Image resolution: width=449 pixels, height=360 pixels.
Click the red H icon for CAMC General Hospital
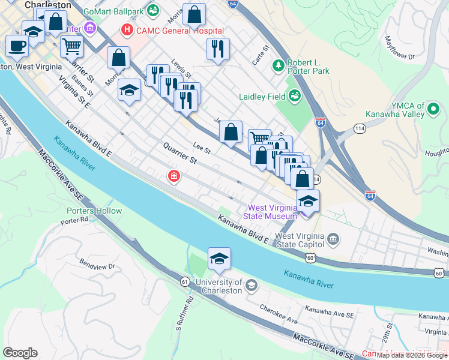coord(127,29)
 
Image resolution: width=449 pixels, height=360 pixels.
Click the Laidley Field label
coord(261,95)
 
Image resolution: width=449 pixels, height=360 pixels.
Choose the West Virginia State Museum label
coord(270,212)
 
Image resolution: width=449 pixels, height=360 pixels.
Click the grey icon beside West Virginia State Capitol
coord(334,240)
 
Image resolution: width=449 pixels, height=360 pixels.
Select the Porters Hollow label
coord(94,211)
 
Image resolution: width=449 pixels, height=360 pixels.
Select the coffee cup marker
coord(17,45)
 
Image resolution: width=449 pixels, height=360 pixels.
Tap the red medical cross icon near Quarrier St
coord(173,176)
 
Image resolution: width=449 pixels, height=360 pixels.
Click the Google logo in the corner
coord(20,352)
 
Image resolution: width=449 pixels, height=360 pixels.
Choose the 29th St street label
coord(390,331)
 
